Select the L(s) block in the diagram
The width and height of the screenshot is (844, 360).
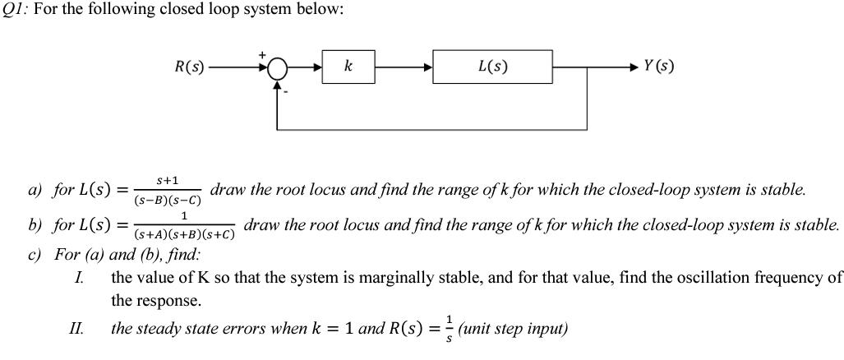pos(492,67)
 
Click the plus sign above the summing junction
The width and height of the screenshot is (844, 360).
pos(263,54)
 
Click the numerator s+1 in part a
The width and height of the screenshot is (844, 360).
pos(168,180)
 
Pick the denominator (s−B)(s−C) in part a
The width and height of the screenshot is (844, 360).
pos(168,200)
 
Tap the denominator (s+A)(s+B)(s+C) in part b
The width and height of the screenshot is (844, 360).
pos(185,234)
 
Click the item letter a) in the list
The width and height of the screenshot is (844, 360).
pos(35,191)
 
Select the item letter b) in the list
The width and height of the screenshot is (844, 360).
pos(35,224)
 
